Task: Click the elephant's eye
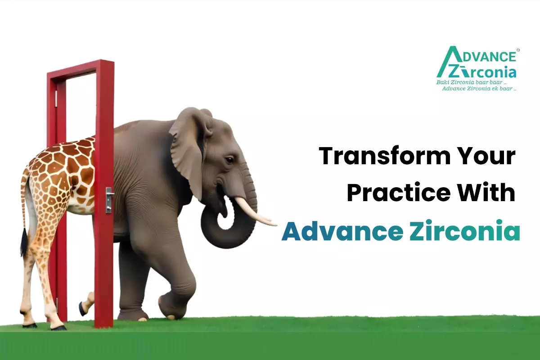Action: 229,160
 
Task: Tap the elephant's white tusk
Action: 254,211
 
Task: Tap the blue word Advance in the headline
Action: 342,231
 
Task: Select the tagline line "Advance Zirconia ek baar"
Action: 479,89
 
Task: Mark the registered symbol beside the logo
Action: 518,50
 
